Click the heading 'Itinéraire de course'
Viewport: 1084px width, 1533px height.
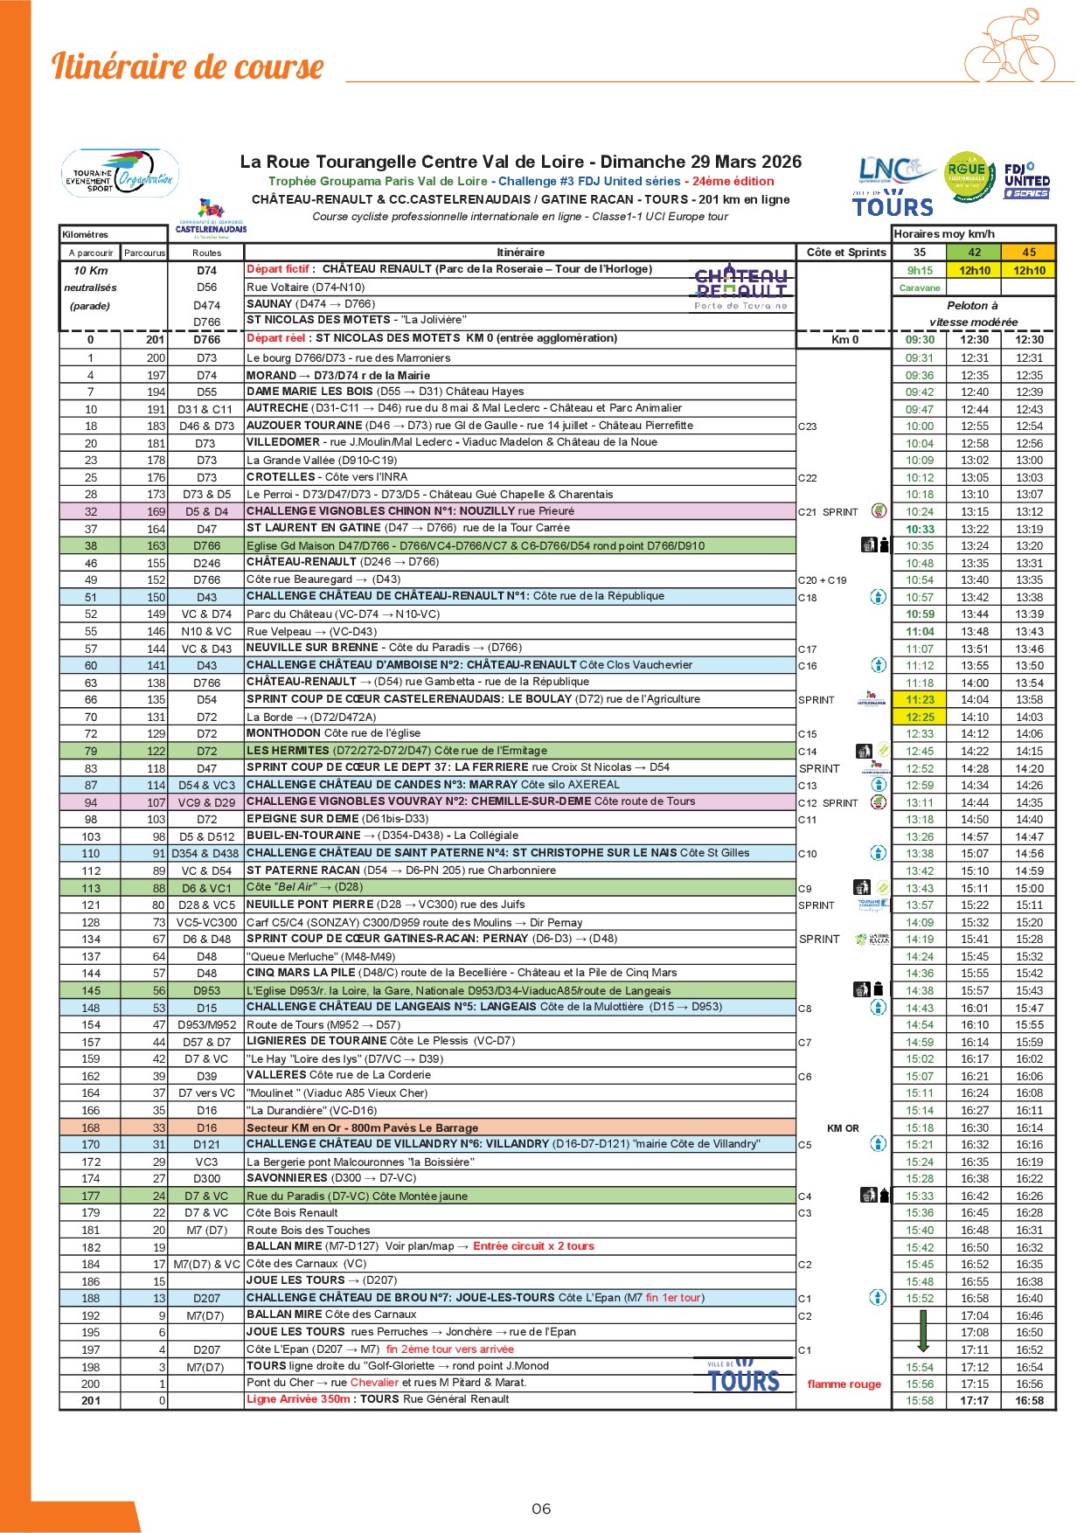coord(187,67)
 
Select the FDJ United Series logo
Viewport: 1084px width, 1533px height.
coord(1027,180)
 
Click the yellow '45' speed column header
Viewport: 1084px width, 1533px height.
coord(1029,252)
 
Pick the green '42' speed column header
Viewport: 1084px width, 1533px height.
coord(974,252)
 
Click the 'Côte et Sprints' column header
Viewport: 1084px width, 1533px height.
coord(845,252)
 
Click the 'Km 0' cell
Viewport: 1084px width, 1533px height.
coord(844,340)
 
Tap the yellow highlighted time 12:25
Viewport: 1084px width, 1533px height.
coord(920,717)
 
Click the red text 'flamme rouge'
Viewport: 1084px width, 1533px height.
coord(844,1384)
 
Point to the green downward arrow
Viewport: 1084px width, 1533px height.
coord(922,1331)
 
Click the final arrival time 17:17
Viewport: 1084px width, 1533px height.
coord(974,1400)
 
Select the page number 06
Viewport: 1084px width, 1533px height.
coord(541,1509)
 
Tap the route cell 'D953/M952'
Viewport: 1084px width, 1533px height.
coord(206,1025)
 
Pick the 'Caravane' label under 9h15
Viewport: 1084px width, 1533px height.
coord(920,288)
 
